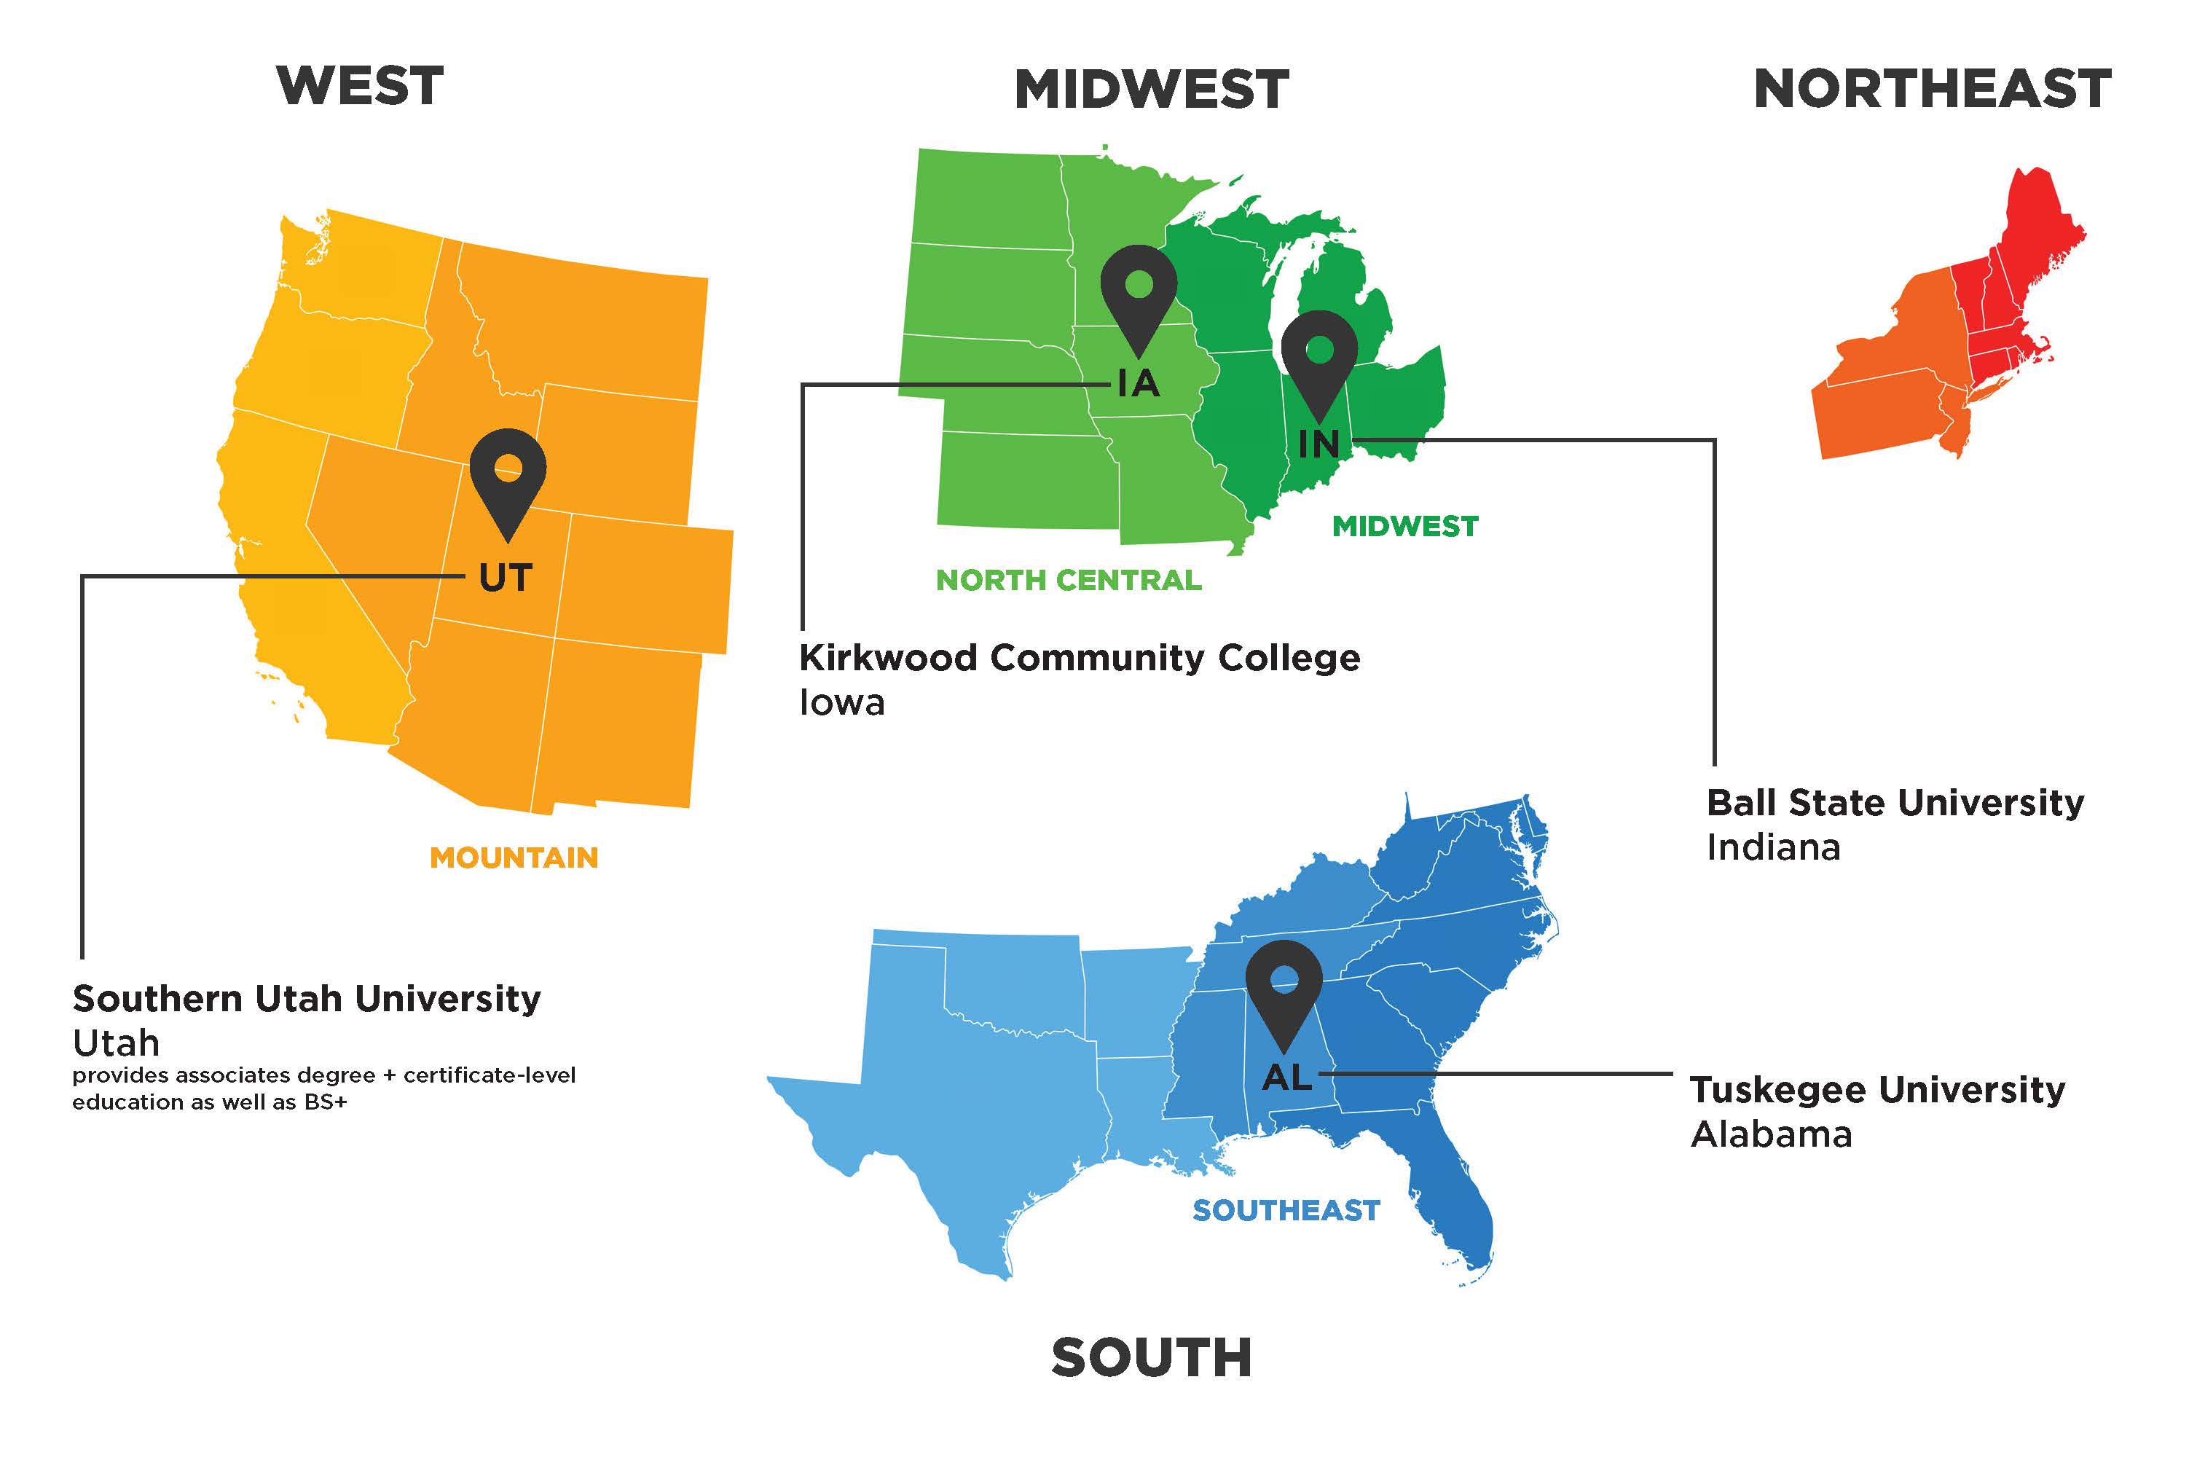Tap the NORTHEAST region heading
coord(1932,90)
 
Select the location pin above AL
coord(1284,987)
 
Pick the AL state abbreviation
coord(1286,1078)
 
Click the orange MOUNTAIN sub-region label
coord(514,857)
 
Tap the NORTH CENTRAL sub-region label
coord(1068,580)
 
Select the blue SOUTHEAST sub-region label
coord(1286,1210)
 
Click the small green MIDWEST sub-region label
coord(1404,527)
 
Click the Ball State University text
coord(1895,803)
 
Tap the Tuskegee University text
coord(1876,1089)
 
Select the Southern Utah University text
coord(306,998)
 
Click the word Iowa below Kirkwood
coord(841,703)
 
